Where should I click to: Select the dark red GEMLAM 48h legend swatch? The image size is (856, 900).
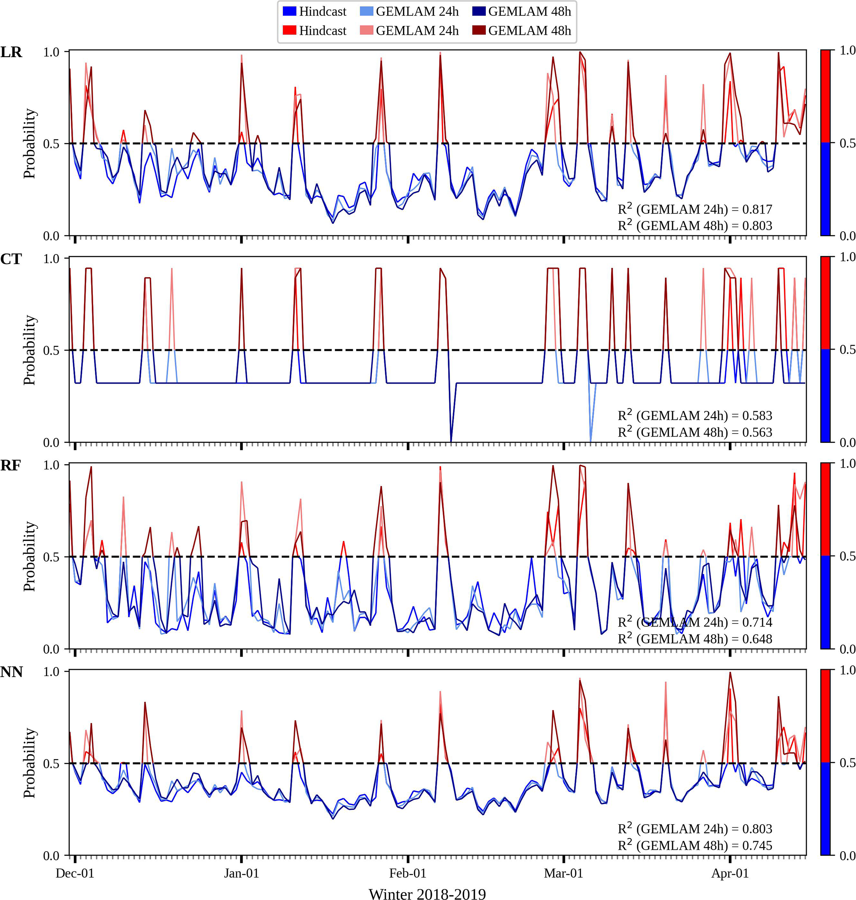[479, 31]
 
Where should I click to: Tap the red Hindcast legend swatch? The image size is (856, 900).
[290, 31]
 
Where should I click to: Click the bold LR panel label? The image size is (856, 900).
[12, 53]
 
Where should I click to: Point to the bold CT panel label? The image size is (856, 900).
[12, 259]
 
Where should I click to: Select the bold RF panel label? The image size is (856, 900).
[10, 466]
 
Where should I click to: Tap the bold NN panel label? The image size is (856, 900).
[12, 672]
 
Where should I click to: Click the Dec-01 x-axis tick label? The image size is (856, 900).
[75, 873]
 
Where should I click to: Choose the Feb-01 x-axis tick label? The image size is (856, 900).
[408, 873]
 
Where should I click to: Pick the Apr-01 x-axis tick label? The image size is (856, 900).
[730, 873]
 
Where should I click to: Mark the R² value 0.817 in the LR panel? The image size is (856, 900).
[757, 209]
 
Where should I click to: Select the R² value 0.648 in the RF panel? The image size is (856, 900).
[757, 639]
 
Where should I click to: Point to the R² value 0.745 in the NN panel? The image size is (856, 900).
[757, 845]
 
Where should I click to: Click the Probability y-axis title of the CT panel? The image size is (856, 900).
[30, 350]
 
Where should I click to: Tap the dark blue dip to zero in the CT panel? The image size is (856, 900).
[451, 440]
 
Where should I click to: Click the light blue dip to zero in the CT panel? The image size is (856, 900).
[591, 440]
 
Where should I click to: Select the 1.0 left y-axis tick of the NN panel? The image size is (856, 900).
[51, 672]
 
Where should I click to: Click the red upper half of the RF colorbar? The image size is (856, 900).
[825, 509]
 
